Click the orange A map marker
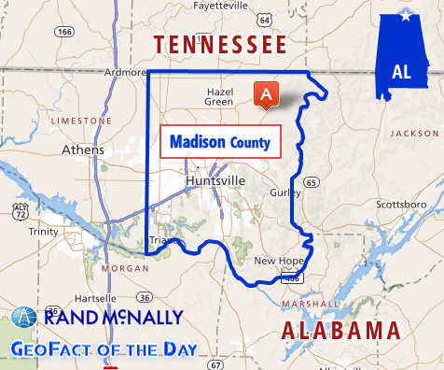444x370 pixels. [266, 94]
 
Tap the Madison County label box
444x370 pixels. [220, 143]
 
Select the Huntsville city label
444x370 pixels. [215, 179]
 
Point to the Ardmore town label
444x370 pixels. [125, 72]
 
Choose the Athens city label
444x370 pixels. [82, 149]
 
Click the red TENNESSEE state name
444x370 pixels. [220, 44]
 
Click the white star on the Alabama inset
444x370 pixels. [405, 17]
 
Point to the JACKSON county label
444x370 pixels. [413, 134]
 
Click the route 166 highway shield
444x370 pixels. [64, 32]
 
